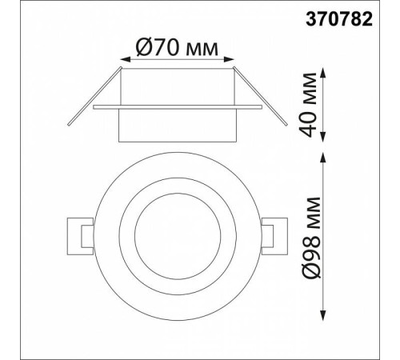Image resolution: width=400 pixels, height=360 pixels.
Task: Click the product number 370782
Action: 339,20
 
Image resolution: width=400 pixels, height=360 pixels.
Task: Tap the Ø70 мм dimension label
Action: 177,47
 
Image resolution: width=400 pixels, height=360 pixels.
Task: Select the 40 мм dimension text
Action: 308,105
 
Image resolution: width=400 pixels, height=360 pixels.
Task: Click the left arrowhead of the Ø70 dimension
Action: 125,60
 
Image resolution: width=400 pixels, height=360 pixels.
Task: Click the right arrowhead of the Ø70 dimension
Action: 229,60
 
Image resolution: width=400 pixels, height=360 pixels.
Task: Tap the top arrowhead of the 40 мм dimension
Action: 323,73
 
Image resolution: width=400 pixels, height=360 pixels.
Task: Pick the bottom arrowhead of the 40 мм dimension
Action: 323,137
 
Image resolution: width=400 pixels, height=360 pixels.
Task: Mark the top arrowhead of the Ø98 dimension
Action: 323,158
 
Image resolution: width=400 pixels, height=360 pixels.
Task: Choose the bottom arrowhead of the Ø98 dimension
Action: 323,315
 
